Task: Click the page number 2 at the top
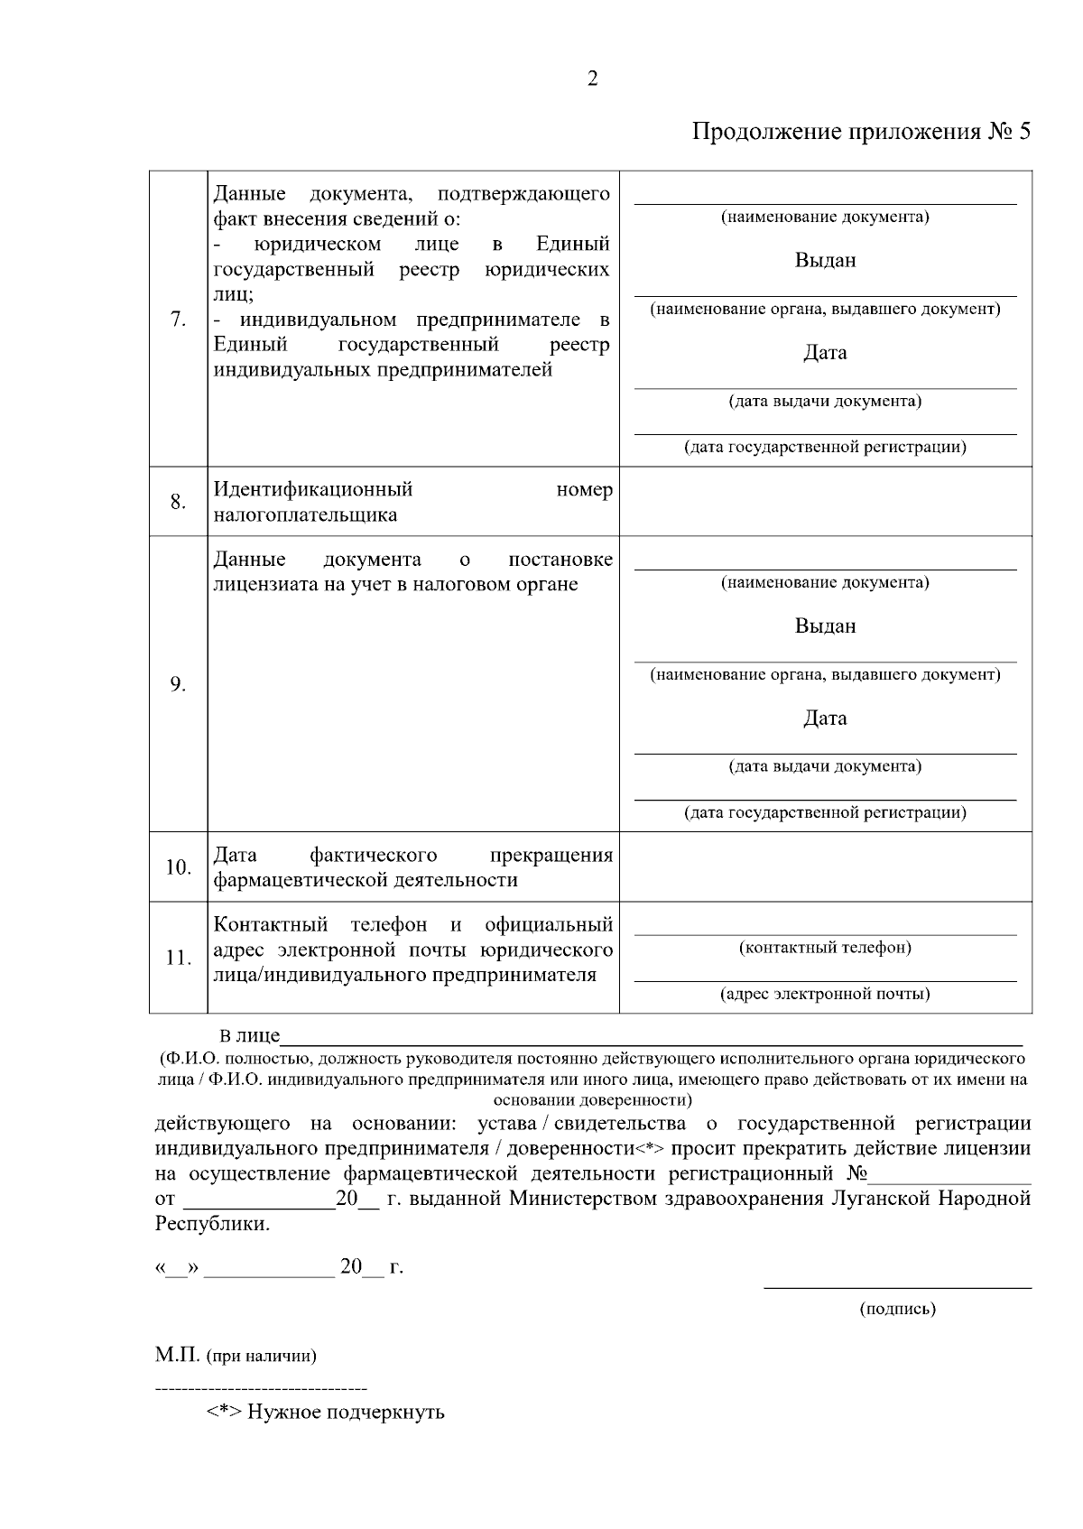592,79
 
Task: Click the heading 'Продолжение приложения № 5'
861,132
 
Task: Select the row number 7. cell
178,319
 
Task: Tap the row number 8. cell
178,502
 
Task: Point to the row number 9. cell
178,684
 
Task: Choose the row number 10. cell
178,867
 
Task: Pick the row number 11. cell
178,958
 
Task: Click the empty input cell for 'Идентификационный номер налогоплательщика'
825,502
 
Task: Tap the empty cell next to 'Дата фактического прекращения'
825,867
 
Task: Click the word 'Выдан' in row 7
825,260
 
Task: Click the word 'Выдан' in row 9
825,625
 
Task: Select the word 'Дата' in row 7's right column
825,352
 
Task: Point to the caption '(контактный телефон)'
825,948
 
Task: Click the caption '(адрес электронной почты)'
825,995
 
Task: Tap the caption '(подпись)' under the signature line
897,1308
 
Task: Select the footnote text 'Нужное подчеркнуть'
346,1412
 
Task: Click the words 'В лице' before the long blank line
250,1036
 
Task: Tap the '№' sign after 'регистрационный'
857,1174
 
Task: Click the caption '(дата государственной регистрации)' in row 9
825,812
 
